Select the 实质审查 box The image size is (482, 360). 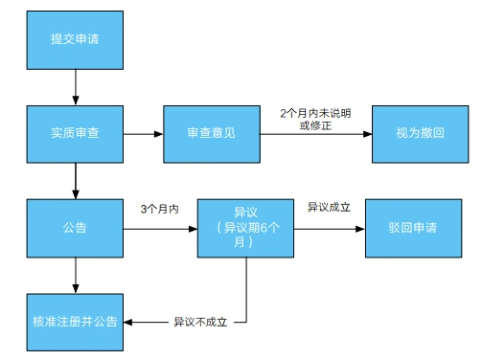pos(75,133)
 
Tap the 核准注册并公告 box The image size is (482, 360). pos(75,321)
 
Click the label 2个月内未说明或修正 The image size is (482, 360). pos(315,119)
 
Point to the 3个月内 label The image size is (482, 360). pos(159,208)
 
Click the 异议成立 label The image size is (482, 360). pos(328,207)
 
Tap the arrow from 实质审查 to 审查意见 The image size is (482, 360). pos(143,133)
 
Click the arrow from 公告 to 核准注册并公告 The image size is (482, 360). pos(75,275)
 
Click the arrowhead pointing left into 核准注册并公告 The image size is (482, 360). pos(130,321)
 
